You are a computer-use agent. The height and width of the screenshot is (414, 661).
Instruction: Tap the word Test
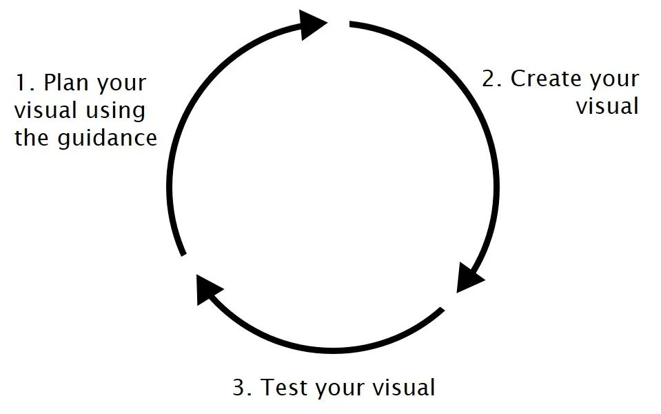point(286,388)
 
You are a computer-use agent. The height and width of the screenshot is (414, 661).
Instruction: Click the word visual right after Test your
point(404,388)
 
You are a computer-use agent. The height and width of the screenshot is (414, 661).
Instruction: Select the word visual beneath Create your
point(607,106)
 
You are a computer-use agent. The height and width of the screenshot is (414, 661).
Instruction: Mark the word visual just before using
point(46,111)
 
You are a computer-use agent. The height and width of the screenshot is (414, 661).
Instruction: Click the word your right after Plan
point(122,84)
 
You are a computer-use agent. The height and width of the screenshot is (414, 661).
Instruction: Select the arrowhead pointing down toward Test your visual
point(471,277)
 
